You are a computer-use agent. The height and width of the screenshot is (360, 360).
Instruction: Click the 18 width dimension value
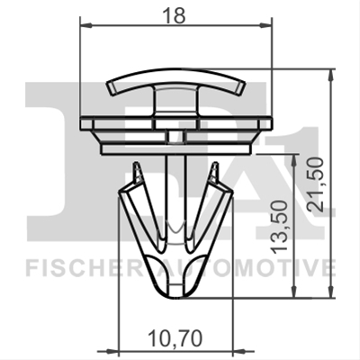[174, 15]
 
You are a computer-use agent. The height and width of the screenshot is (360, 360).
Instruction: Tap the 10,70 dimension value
[175, 339]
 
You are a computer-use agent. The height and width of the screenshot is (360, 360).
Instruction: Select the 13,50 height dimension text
[279, 228]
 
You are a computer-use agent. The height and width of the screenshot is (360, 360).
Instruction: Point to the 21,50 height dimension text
[316, 184]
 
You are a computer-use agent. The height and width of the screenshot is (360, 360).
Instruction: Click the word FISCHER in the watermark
[83, 269]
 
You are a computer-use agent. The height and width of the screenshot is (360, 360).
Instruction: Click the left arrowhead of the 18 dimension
[86, 26]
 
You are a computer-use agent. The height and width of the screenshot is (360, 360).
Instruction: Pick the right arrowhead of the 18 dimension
[265, 26]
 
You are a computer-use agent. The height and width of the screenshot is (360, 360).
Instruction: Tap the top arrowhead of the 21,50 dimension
[330, 75]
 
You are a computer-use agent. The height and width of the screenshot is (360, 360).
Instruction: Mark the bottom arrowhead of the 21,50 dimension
[330, 292]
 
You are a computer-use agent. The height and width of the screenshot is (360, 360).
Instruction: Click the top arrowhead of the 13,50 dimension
[294, 160]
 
